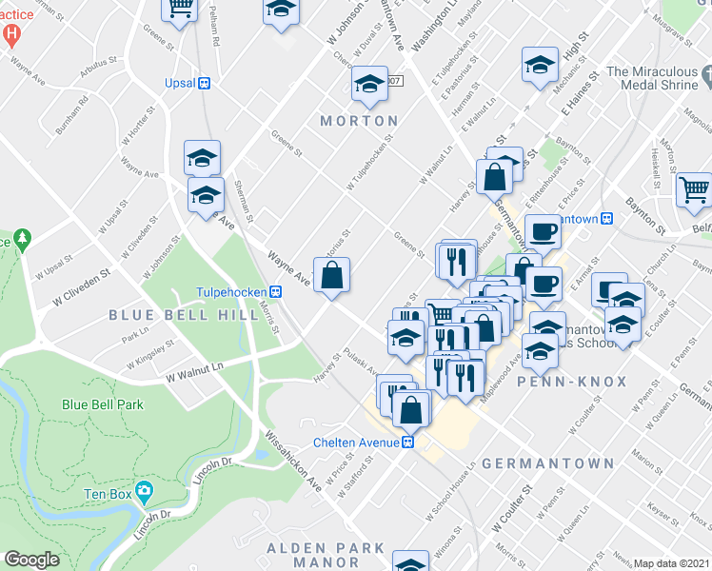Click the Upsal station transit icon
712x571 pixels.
203,83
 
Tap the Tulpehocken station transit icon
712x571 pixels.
275,291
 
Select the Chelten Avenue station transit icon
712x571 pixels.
406,443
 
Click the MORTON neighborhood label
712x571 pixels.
359,121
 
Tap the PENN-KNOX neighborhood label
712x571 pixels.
572,382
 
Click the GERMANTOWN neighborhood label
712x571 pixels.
547,463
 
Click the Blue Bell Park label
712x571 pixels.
102,404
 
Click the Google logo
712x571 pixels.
31,560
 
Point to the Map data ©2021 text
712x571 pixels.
672,563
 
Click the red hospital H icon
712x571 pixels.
11,36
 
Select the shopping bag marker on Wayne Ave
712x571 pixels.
331,277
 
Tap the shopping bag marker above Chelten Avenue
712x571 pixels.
412,410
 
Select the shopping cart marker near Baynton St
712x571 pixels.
693,189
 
